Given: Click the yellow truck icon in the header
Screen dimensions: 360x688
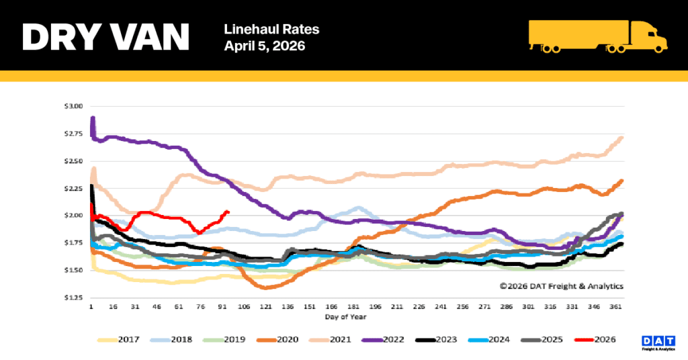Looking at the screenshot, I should coord(597,36).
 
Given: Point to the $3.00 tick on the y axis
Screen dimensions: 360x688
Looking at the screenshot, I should coord(74,106).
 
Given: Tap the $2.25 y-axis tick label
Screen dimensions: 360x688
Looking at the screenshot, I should coord(74,189).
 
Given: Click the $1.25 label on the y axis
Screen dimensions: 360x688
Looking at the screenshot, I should coord(74,298).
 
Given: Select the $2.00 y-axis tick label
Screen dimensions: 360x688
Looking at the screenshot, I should coord(74,216).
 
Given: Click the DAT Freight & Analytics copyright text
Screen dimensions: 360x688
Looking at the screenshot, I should coord(561,286).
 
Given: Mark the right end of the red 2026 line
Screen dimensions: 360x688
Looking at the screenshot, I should coord(228,212).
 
